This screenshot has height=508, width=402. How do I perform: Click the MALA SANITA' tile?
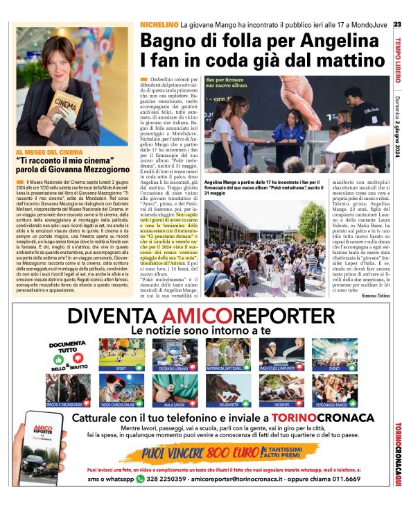tap(175, 389)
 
